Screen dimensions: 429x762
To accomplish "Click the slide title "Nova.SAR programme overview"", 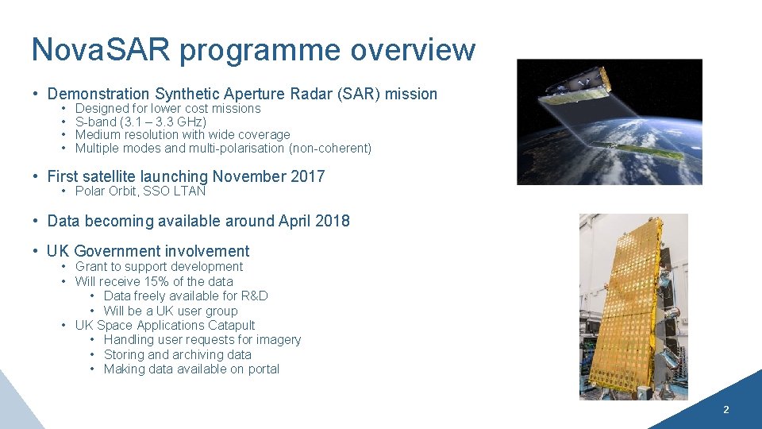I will click(x=253, y=49).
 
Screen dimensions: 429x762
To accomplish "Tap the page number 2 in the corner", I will click(x=725, y=410).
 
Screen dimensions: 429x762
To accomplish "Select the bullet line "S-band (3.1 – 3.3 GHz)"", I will click(x=140, y=122).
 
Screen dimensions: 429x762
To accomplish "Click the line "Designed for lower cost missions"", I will click(x=167, y=108).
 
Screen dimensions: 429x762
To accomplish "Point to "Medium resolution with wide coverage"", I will click(x=183, y=135).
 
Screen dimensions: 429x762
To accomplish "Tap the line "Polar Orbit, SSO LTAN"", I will click(x=140, y=191).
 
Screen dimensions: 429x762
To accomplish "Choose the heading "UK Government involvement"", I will click(x=148, y=252).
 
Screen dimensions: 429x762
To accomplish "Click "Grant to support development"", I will click(x=159, y=267).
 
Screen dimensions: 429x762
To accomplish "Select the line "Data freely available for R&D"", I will click(x=186, y=296).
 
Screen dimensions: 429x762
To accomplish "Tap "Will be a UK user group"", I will click(x=171, y=311).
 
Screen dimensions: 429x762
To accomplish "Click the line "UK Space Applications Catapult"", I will click(x=165, y=325).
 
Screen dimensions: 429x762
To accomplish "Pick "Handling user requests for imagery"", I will click(x=202, y=340).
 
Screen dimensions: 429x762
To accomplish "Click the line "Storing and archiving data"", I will click(x=177, y=354).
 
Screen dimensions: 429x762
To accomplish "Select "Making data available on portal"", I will click(x=191, y=369).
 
